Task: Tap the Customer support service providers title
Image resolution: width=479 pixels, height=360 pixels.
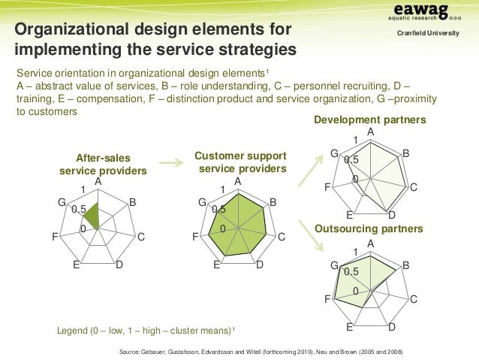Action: [240, 162]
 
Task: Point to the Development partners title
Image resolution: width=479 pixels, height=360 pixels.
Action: [370, 120]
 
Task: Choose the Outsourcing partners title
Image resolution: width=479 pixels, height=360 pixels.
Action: [369, 228]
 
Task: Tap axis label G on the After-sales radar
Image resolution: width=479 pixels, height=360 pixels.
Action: [62, 201]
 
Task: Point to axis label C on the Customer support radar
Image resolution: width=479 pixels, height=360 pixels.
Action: [282, 237]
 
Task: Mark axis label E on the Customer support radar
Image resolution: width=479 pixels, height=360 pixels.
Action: [216, 265]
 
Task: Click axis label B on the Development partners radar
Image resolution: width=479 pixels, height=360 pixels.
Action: [405, 153]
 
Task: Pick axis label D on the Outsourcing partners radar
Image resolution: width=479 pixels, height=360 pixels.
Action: [393, 328]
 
